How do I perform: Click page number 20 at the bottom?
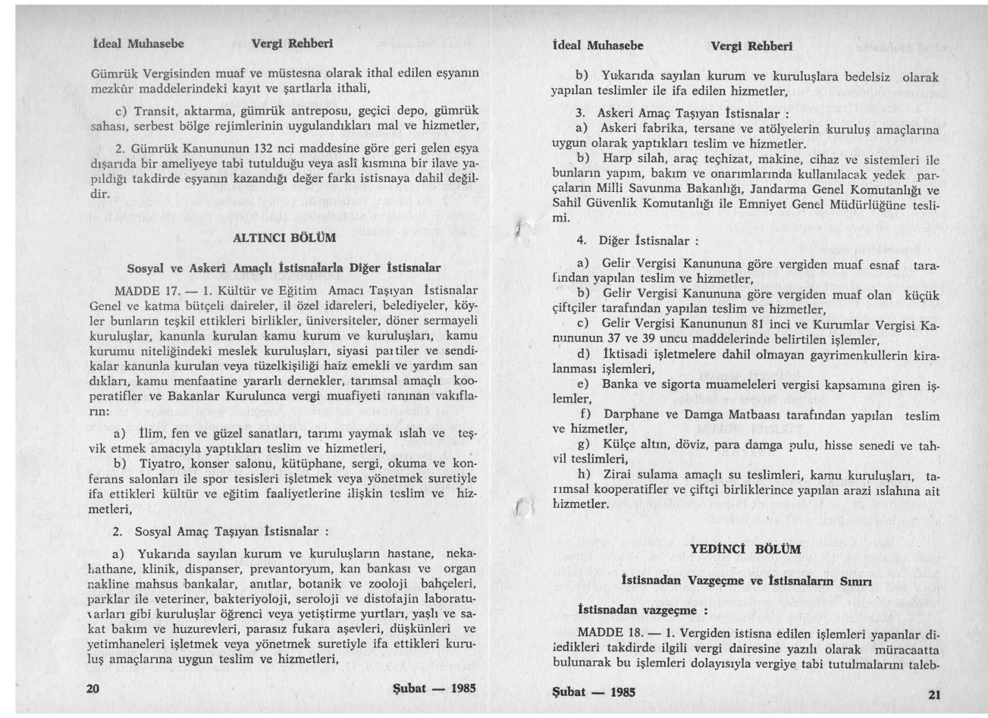(95, 689)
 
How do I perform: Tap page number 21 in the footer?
(934, 694)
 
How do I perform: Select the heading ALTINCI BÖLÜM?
(285, 238)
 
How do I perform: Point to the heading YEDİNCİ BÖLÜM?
(745, 549)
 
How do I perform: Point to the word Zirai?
(618, 475)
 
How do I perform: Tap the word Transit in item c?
(156, 111)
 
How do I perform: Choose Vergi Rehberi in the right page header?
(751, 47)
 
